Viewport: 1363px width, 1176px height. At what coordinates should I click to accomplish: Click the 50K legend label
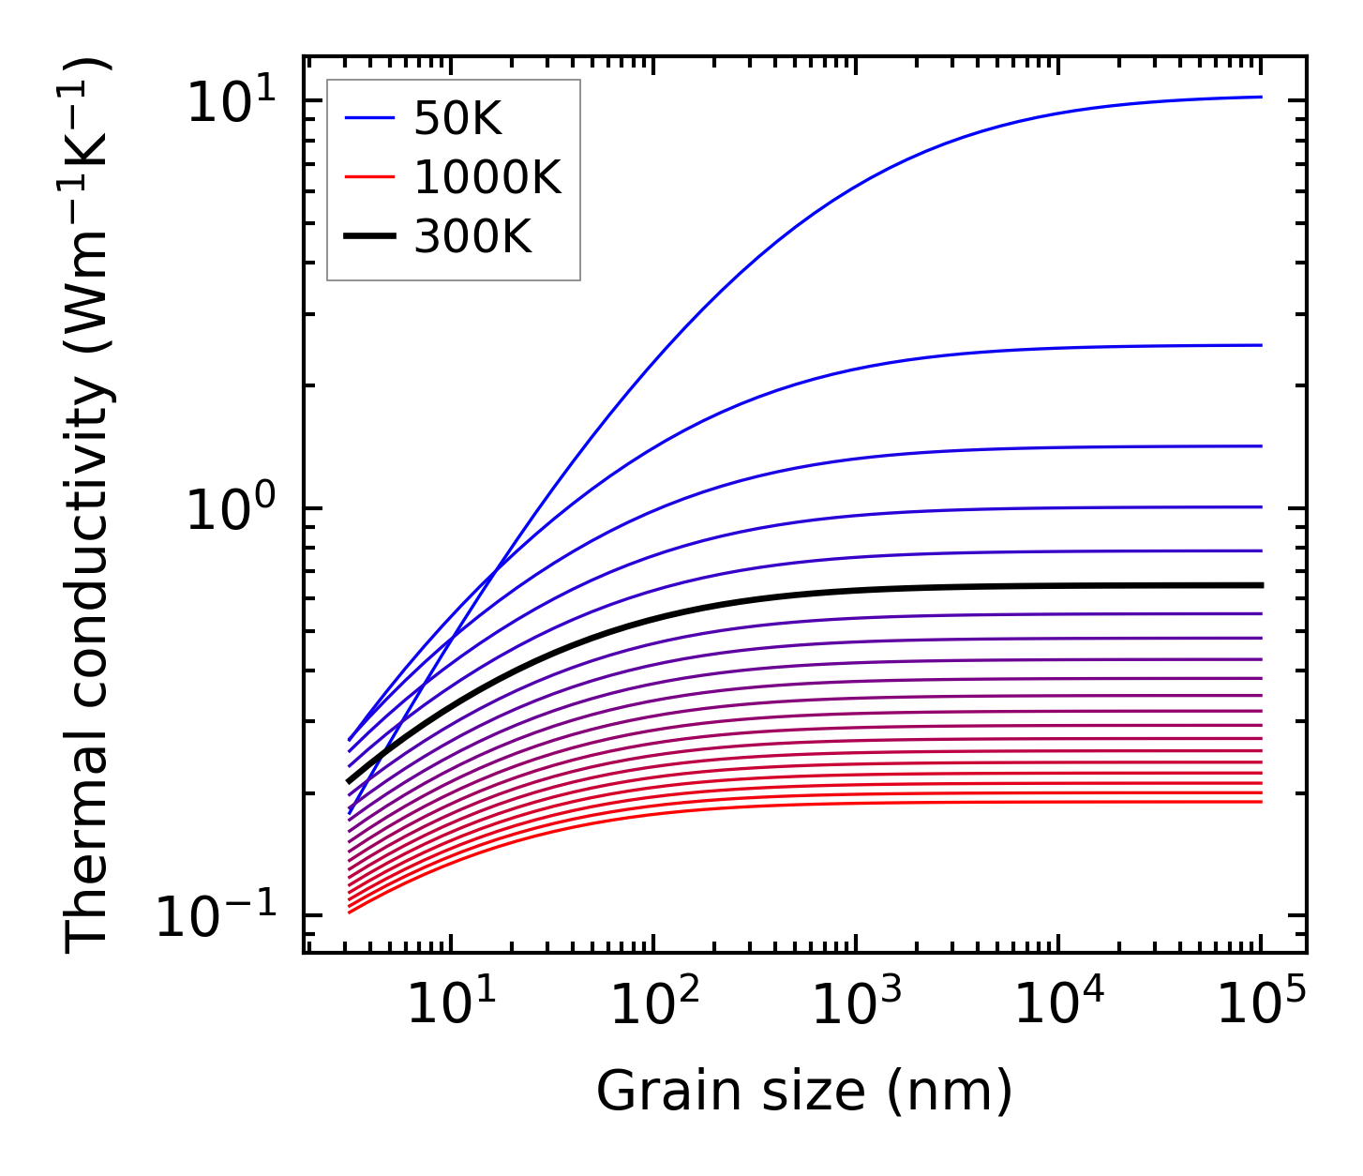point(457,119)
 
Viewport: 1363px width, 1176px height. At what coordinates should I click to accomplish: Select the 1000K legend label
point(487,178)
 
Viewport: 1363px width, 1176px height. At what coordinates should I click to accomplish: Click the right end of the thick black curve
point(1262,585)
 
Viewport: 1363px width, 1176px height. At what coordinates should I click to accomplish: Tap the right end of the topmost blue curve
point(1262,97)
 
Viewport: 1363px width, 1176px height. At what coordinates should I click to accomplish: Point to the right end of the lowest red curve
point(1262,802)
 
